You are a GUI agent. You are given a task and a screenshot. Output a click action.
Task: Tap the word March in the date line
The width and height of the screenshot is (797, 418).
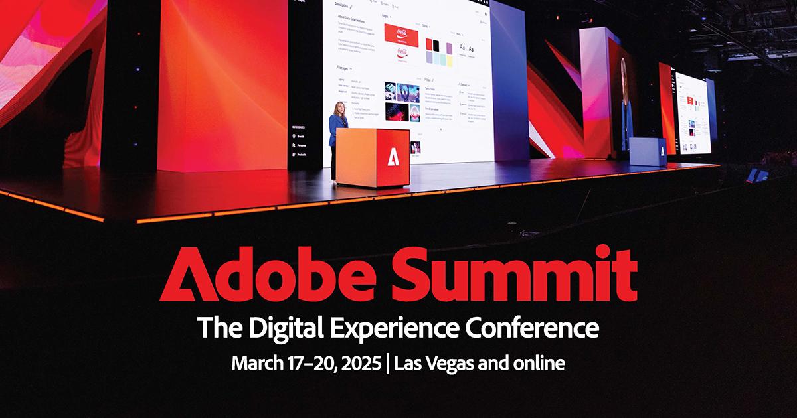(x=255, y=364)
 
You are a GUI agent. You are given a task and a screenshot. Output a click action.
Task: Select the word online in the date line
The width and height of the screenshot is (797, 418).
(x=539, y=364)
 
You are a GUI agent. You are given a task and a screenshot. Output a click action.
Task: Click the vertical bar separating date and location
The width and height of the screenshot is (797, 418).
(x=388, y=364)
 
